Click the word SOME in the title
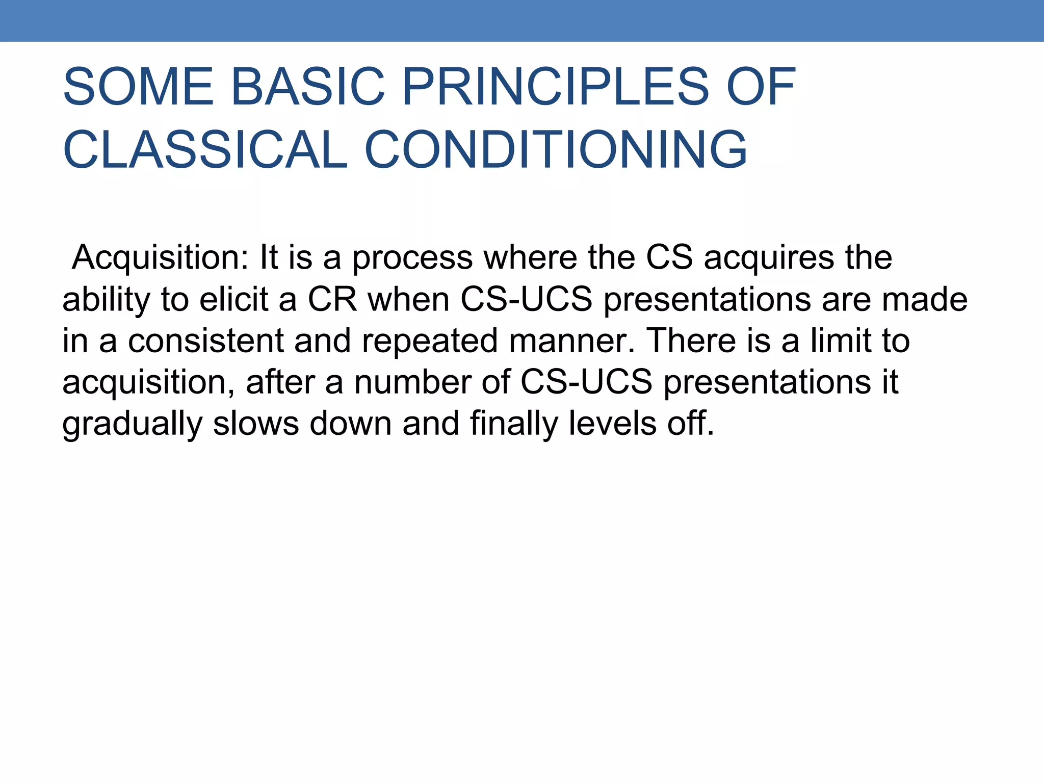coord(138,87)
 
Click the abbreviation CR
coord(332,300)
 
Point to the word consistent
coord(205,341)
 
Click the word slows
coord(255,424)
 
